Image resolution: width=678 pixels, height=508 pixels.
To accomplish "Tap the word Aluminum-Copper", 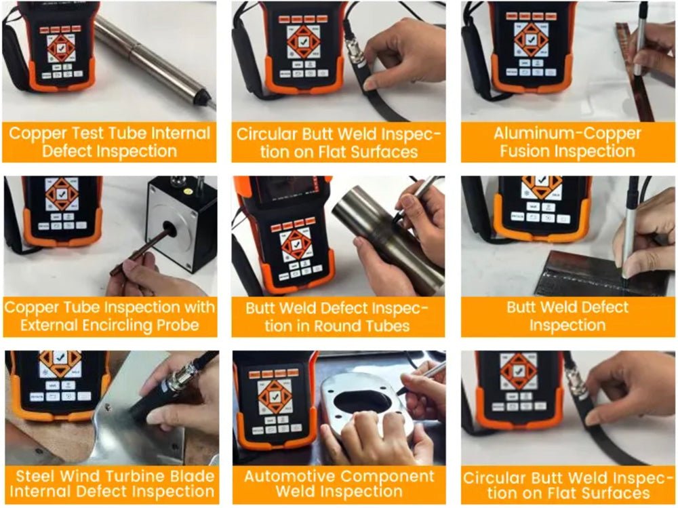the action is point(567,134).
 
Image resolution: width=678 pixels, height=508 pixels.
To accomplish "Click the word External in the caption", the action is point(49,325).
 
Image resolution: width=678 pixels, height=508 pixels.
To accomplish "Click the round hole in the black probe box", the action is point(169,229).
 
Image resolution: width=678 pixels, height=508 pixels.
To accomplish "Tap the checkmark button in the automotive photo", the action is point(275,397).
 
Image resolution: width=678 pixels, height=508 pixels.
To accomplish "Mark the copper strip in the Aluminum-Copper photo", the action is point(635,71).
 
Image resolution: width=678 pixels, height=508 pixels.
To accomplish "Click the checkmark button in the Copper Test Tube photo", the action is point(60,47).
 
